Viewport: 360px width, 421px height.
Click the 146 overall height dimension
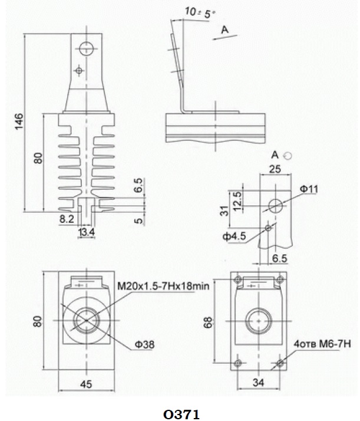pyautogui.click(x=19, y=121)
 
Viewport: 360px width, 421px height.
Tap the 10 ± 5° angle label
pyautogui.click(x=200, y=12)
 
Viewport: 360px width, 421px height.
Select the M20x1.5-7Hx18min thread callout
pyautogui.click(x=163, y=286)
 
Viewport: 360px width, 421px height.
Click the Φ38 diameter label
pyautogui.click(x=144, y=344)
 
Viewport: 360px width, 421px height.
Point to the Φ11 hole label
pyautogui.click(x=309, y=189)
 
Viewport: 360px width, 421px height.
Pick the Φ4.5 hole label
pyautogui.click(x=234, y=236)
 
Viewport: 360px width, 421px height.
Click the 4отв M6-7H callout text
pyautogui.click(x=322, y=344)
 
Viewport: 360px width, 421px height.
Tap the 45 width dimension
pyautogui.click(x=86, y=384)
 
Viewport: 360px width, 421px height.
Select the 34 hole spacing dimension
pyautogui.click(x=258, y=382)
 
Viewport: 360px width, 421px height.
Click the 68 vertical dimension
pyautogui.click(x=208, y=322)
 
